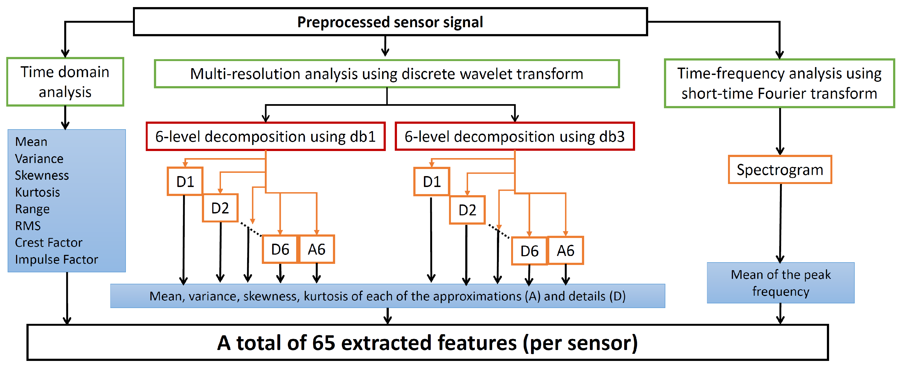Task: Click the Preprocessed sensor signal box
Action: click(x=390, y=22)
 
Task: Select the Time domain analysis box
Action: click(x=65, y=82)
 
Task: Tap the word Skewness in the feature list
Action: click(x=42, y=175)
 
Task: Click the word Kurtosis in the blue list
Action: click(x=37, y=192)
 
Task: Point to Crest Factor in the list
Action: click(x=48, y=242)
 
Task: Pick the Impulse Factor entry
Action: click(x=56, y=259)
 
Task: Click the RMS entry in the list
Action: click(x=28, y=226)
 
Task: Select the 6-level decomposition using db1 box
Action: click(x=265, y=136)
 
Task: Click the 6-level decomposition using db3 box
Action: click(x=514, y=136)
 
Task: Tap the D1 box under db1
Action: click(x=185, y=182)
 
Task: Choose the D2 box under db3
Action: click(x=467, y=210)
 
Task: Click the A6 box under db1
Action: click(x=317, y=249)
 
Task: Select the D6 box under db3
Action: click(x=529, y=251)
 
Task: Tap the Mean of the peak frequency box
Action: click(x=781, y=283)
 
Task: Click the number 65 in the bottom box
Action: click(x=323, y=343)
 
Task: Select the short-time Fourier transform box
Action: click(x=779, y=83)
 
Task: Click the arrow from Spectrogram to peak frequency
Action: click(x=780, y=224)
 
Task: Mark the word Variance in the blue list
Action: click(x=39, y=158)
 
